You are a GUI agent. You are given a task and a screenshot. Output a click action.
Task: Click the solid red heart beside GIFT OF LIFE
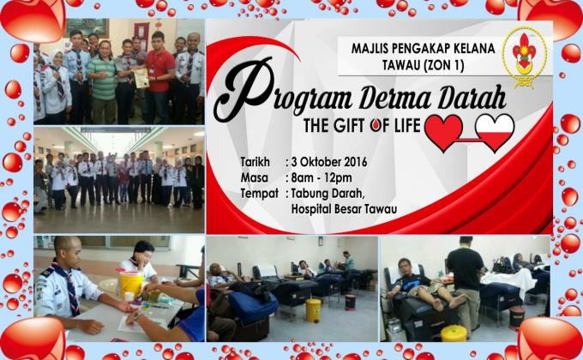pyautogui.click(x=446, y=132)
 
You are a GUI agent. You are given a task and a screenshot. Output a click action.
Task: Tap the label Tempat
pyautogui.click(x=260, y=194)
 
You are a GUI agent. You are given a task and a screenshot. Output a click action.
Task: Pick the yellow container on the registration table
pyautogui.click(x=130, y=284)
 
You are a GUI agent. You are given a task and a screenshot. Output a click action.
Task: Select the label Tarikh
pyautogui.click(x=255, y=161)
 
